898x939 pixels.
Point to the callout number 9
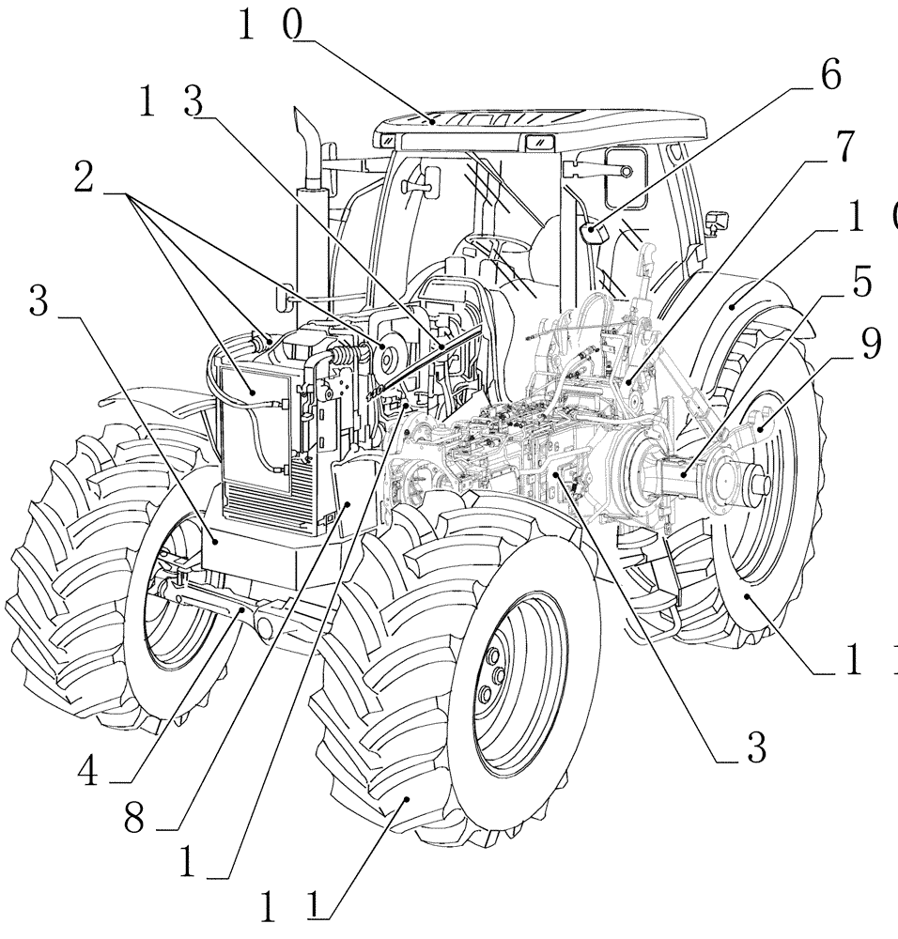870,346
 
